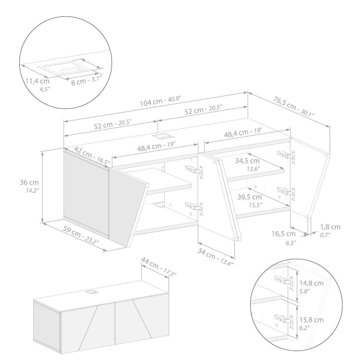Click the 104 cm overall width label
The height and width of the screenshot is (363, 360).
pos(160,101)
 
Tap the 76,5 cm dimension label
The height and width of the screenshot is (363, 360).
pos(293,107)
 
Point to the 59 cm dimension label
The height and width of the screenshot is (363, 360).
pos(81,235)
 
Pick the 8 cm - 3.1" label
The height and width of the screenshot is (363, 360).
pos(86,81)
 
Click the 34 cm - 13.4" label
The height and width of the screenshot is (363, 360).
pos(215,256)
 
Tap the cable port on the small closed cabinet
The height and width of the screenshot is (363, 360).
pos(91,292)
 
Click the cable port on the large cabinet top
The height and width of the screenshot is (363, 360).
pos(159,136)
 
